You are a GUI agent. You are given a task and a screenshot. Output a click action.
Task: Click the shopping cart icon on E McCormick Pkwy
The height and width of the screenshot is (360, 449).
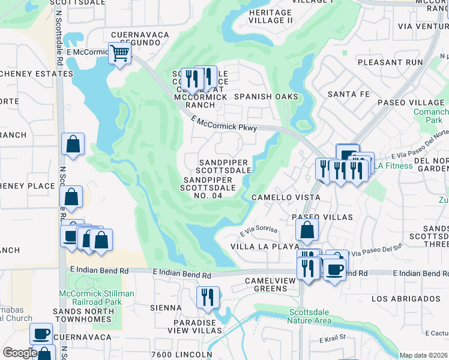(x=119, y=54)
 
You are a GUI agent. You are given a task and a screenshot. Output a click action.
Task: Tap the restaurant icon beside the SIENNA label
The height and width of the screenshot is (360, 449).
(x=208, y=297)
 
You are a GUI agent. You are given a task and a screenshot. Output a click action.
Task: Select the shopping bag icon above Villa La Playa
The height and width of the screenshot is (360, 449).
(x=307, y=229)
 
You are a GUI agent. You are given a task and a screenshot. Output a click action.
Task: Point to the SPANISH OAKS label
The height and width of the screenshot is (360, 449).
(x=266, y=97)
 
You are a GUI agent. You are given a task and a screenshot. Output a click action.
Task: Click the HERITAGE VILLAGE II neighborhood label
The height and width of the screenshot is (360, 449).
(x=271, y=16)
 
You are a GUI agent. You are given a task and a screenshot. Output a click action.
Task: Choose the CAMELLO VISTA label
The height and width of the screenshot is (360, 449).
(x=285, y=197)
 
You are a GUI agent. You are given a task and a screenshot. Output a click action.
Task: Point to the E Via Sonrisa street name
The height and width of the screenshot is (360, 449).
(x=260, y=232)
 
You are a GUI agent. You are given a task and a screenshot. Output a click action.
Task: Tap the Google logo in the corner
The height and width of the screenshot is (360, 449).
(x=19, y=352)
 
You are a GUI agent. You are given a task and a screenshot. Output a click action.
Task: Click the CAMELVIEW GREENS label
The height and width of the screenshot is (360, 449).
(x=270, y=284)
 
